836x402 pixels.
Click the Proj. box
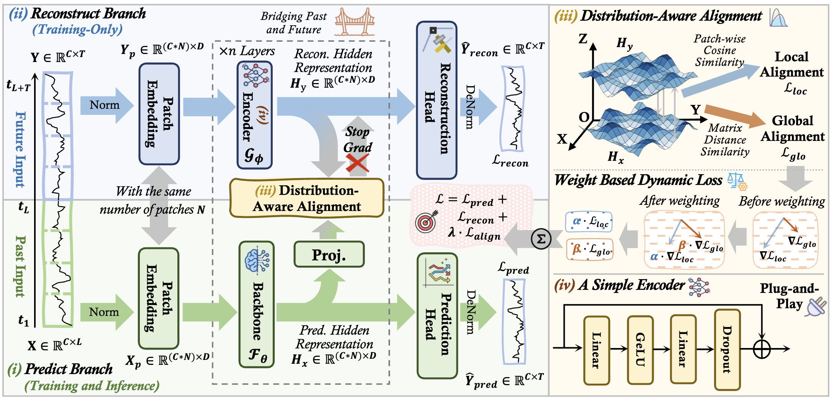coord(329,254)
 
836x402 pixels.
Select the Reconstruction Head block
coord(436,100)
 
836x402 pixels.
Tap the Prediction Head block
coord(437,315)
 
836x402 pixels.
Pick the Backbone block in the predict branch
coord(257,304)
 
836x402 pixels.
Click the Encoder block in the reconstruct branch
coord(254,115)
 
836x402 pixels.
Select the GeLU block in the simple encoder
coord(640,350)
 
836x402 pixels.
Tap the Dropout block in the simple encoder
coord(727,350)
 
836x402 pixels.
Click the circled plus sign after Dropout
coord(762,349)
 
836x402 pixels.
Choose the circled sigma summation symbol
coord(541,239)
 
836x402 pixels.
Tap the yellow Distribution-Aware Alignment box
coord(307,198)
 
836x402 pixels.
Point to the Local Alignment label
coord(792,64)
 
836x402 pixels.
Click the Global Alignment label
coord(792,128)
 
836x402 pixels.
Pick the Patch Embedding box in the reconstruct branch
coord(159,114)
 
